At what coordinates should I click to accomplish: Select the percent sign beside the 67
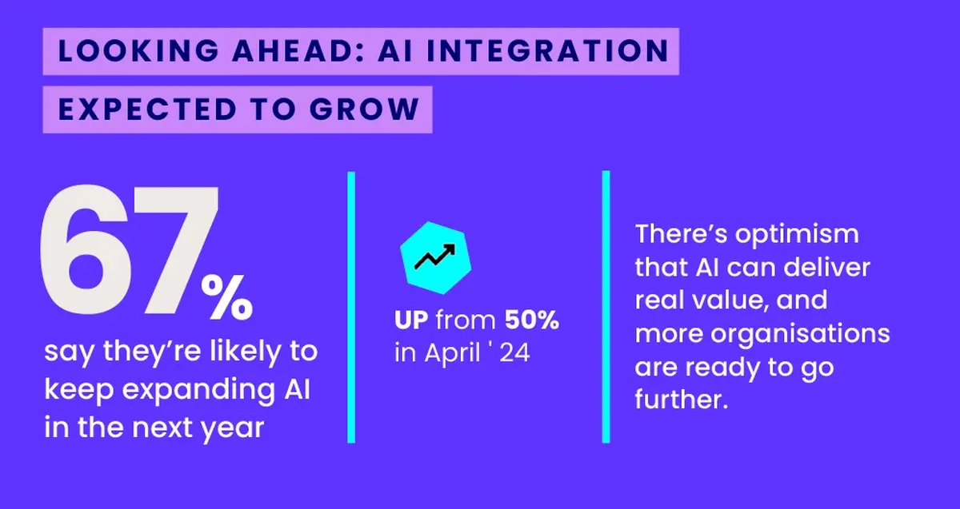pyautogui.click(x=226, y=296)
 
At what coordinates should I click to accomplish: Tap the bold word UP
pyautogui.click(x=413, y=322)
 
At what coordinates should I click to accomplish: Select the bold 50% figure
pyautogui.click(x=531, y=322)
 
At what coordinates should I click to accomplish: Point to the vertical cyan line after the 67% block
pyautogui.click(x=350, y=306)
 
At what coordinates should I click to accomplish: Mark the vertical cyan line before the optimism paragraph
pyautogui.click(x=606, y=306)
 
